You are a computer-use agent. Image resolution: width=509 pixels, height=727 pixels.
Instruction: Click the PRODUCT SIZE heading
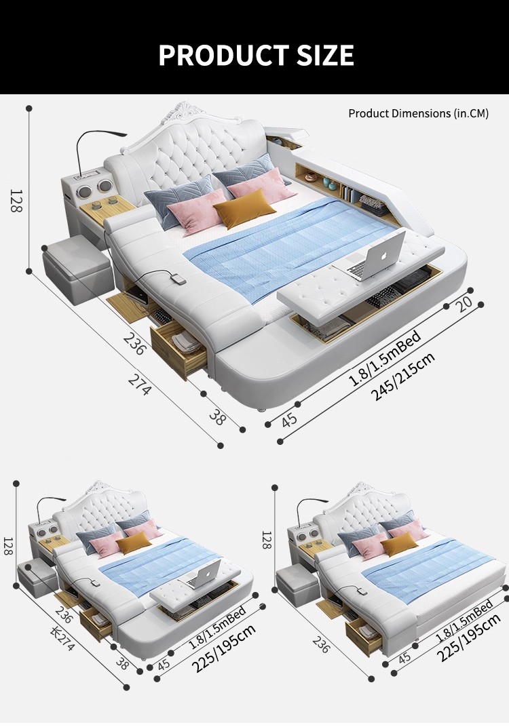[256, 55]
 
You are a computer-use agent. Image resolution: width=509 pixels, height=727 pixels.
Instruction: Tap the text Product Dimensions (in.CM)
[418, 113]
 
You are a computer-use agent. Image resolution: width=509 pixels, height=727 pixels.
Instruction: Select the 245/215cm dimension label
[404, 377]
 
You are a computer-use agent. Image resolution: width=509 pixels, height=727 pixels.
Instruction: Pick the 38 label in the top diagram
[217, 417]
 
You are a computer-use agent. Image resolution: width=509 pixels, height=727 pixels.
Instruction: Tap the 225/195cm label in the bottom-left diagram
[223, 649]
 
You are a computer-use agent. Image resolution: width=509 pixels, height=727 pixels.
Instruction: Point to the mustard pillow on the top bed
[244, 207]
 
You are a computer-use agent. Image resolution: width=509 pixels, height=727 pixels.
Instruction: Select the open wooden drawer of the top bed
[178, 346]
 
